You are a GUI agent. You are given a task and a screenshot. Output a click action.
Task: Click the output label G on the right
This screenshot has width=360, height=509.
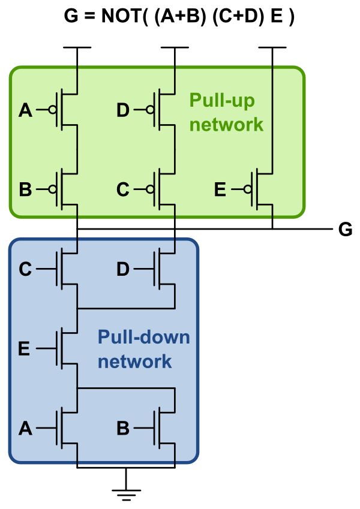click(x=345, y=230)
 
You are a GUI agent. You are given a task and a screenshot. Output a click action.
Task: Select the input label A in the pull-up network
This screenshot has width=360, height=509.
click(x=26, y=110)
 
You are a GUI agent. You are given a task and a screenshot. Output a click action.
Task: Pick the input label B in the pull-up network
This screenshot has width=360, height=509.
click(x=26, y=190)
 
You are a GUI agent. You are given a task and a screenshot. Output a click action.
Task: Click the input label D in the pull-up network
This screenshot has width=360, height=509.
click(x=123, y=110)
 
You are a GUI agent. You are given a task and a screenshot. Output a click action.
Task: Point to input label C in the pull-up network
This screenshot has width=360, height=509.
click(x=123, y=190)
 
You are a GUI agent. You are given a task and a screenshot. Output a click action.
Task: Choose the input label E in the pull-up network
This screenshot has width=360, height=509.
click(x=220, y=190)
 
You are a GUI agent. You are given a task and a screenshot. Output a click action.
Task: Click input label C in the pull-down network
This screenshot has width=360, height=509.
click(x=26, y=269)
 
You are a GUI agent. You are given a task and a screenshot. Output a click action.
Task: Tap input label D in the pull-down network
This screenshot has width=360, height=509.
click(x=123, y=269)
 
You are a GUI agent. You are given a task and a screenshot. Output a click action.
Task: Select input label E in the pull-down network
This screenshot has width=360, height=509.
click(x=25, y=348)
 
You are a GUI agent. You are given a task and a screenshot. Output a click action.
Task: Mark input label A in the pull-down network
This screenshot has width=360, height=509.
click(x=26, y=428)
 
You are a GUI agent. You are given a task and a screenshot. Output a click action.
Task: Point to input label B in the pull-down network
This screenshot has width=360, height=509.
click(x=123, y=428)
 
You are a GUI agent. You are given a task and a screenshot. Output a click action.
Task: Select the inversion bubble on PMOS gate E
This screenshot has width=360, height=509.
click(x=247, y=190)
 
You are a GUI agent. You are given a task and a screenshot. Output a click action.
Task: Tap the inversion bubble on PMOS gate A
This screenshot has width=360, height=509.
click(x=52, y=110)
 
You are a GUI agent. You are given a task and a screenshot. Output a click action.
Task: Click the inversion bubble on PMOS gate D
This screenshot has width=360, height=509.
click(x=149, y=110)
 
